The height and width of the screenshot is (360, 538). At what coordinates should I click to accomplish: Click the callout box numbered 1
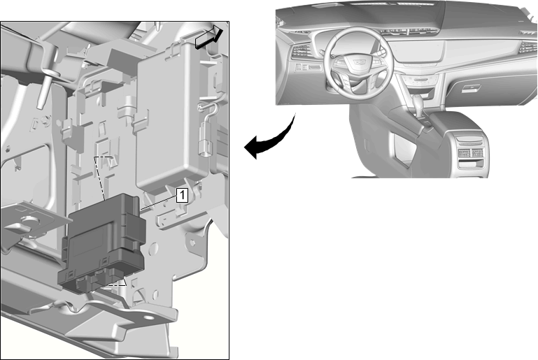point(183,196)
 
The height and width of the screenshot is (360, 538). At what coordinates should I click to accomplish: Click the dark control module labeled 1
point(103,243)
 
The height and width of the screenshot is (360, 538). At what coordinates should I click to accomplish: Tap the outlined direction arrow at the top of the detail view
point(209,36)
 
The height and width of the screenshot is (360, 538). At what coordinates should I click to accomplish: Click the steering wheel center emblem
point(359,62)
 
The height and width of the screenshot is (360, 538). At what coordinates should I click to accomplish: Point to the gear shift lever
point(417,103)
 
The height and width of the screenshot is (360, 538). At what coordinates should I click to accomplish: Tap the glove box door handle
point(472,89)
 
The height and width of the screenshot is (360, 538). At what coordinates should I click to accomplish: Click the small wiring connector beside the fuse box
point(205,141)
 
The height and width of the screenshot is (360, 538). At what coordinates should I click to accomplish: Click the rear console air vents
point(470,153)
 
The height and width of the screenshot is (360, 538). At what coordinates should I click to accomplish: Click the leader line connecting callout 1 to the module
point(159,202)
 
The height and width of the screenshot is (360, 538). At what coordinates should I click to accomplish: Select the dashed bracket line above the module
point(102,177)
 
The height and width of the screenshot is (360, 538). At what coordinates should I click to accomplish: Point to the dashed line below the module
point(118,284)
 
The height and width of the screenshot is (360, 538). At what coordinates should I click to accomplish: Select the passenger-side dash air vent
point(528,48)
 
